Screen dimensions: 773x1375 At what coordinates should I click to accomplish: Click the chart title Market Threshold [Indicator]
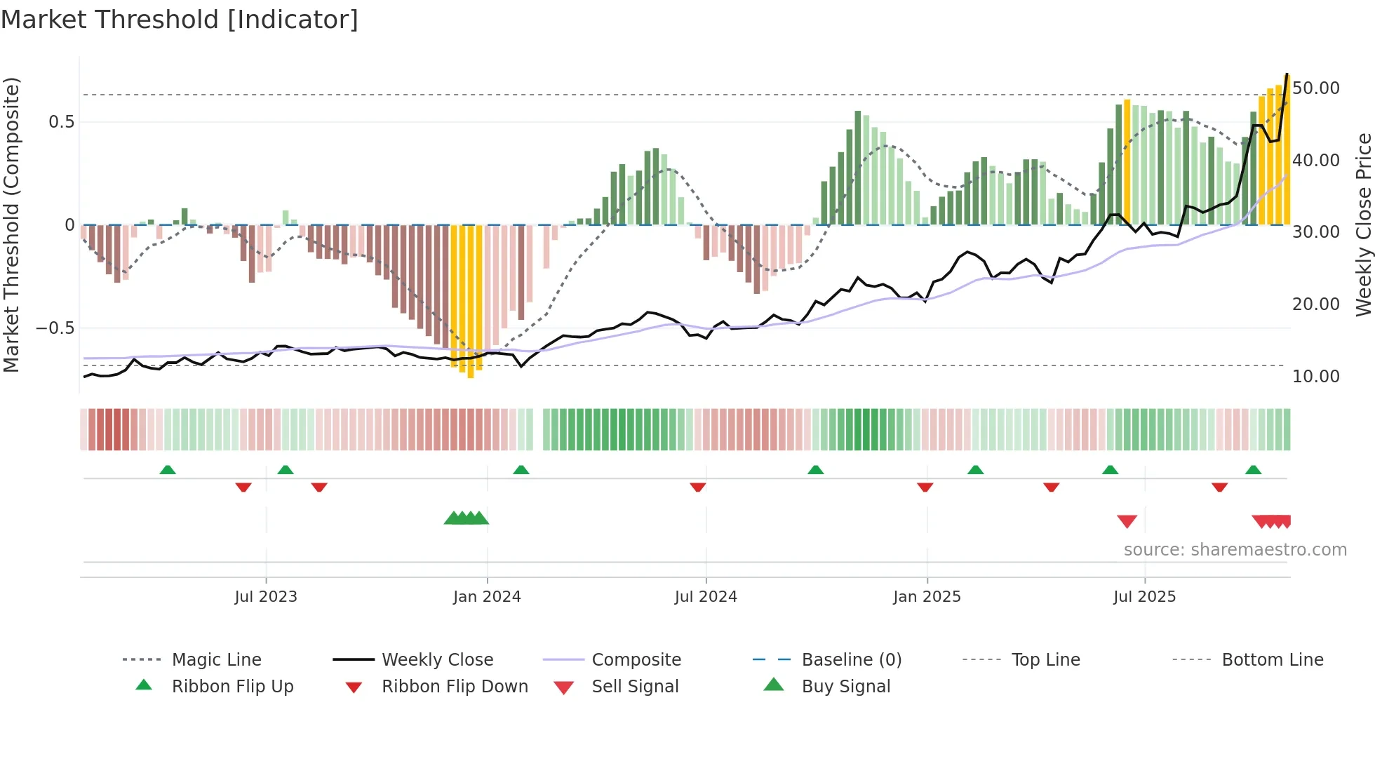pos(180,20)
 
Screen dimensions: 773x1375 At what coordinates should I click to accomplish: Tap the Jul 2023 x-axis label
pos(266,597)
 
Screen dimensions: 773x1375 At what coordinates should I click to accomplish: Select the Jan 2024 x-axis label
pos(487,597)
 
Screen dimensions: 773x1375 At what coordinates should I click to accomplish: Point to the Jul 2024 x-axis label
pos(706,597)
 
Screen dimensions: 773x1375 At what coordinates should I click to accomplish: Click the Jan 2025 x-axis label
pos(927,597)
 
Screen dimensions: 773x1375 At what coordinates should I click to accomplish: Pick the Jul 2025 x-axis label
pos(1144,597)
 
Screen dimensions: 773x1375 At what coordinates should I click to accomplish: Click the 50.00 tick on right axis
pos(1315,88)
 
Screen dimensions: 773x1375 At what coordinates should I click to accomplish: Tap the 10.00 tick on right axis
pos(1315,377)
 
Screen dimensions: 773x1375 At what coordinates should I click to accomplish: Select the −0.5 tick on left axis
pos(55,328)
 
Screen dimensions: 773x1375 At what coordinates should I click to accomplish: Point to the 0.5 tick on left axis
pos(61,122)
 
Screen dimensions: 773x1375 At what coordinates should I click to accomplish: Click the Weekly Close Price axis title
pos(1363,224)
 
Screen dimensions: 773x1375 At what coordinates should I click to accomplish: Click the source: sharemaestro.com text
pos(1235,550)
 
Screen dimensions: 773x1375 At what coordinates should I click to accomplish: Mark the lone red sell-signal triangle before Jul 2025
pos(1127,521)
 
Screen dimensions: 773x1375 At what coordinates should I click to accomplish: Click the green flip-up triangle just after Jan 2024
pos(521,470)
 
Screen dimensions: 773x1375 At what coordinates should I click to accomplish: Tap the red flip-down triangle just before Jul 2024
pos(697,487)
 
